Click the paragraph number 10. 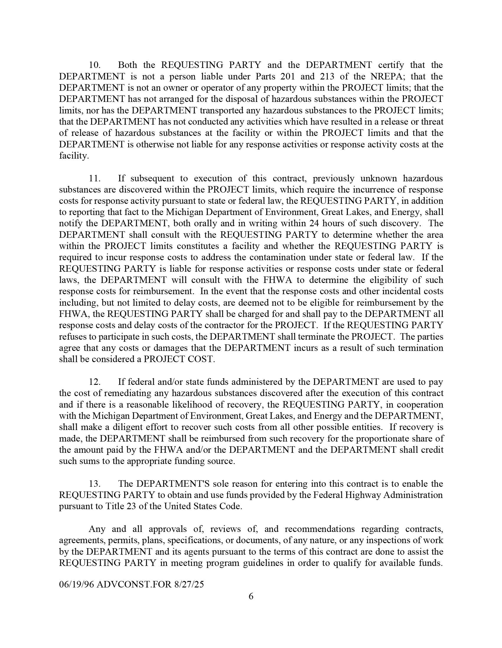(95, 65)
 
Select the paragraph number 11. (95, 178)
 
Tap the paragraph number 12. (95, 382)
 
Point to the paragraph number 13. (95, 483)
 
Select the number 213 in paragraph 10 (327, 76)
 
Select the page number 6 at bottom (251, 596)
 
